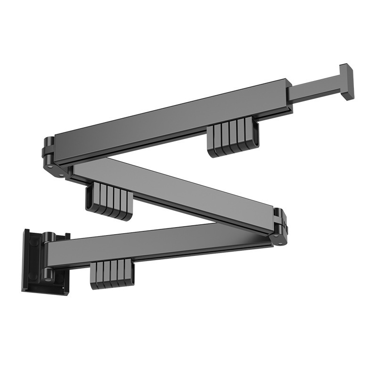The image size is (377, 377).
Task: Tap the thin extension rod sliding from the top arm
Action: pyautogui.click(x=313, y=90)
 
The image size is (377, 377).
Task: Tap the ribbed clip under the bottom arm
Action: pyautogui.click(x=112, y=274)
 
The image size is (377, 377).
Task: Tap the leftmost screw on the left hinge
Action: pyautogui.click(x=49, y=165)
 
